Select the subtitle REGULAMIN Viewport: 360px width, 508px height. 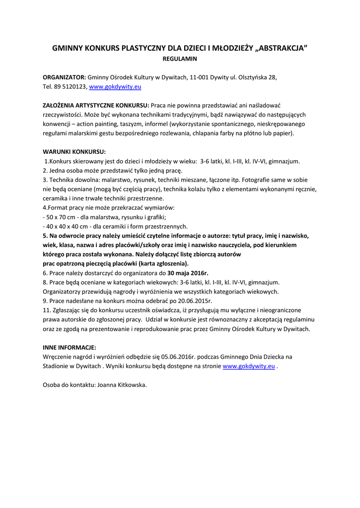coord(180,59)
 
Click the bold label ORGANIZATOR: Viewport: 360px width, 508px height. coord(65,77)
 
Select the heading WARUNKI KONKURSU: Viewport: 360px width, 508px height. coord(74,152)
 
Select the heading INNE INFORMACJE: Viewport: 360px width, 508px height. coord(70,347)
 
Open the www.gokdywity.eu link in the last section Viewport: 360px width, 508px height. coord(249,366)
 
